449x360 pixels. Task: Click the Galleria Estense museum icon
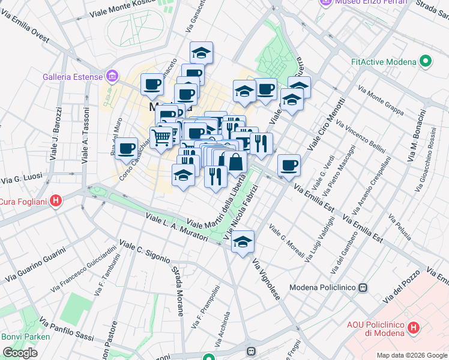(112, 77)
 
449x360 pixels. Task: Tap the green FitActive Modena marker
(426, 61)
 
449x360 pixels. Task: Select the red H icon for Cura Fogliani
(56, 200)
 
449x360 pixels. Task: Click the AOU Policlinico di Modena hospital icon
(413, 328)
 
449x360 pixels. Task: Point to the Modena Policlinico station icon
(363, 287)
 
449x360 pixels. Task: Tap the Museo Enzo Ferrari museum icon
(326, 3)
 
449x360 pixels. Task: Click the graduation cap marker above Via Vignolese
(243, 242)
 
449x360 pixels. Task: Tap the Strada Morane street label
(179, 292)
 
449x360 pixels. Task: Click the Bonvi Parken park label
(26, 337)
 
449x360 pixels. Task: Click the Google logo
(20, 353)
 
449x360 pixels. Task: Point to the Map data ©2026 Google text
(412, 355)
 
